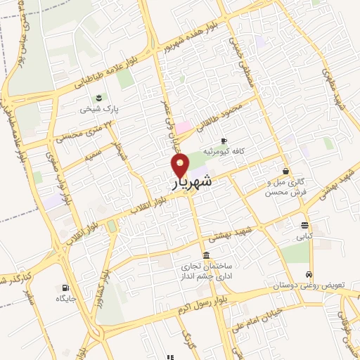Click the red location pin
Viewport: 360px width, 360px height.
pos(181,166)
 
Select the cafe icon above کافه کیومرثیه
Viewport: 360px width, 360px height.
pos(224,140)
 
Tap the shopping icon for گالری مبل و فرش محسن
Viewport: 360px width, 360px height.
pos(285,171)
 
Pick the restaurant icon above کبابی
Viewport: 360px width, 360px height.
pos(304,226)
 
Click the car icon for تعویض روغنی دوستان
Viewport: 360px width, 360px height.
pos(309,275)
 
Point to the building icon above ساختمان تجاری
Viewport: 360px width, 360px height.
pos(205,255)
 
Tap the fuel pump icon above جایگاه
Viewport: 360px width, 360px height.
pos(66,288)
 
